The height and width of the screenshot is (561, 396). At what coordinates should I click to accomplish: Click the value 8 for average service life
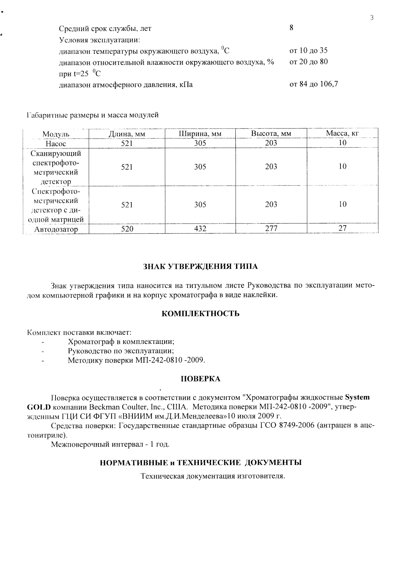point(291,28)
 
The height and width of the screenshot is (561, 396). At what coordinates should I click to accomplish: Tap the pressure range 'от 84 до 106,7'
point(314,84)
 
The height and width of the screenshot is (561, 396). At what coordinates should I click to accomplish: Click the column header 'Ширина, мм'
point(200,134)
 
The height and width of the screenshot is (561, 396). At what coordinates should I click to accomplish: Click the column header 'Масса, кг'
point(342,134)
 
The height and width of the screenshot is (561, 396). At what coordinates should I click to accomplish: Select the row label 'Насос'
point(56,144)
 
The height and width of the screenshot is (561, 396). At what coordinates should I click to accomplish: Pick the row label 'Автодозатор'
point(56,229)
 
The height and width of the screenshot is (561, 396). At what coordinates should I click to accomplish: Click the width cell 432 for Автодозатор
point(200,229)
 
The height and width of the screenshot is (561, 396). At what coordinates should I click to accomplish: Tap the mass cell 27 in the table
point(342,228)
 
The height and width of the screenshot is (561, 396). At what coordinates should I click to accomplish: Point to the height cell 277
point(271,229)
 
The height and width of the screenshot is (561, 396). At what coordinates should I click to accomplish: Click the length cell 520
point(127,229)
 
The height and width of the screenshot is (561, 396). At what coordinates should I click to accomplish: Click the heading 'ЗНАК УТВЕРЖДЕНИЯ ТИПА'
point(200,267)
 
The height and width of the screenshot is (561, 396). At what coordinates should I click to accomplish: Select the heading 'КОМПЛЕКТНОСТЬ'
point(200,314)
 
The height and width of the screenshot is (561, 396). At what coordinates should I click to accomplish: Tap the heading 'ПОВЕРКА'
point(200,379)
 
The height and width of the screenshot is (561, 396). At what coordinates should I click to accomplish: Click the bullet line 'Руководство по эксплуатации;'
point(121,351)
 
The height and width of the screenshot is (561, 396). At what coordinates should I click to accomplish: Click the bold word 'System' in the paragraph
point(357,397)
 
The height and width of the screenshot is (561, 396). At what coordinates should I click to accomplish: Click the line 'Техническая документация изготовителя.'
point(213,476)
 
